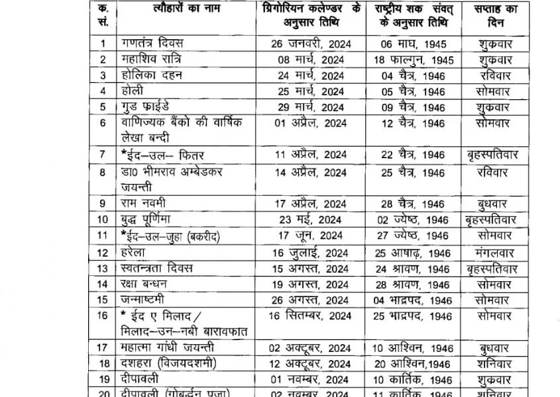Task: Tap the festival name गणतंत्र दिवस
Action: pos(152,44)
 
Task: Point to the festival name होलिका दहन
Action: pos(152,75)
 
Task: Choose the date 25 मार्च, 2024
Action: pos(311,91)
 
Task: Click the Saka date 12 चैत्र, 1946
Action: pos(413,123)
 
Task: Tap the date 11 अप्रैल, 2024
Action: pos(312,155)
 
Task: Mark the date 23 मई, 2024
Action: pos(312,219)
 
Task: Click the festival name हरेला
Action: pos(133,251)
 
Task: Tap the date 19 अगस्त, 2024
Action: pos(312,285)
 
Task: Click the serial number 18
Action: pos(103,363)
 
